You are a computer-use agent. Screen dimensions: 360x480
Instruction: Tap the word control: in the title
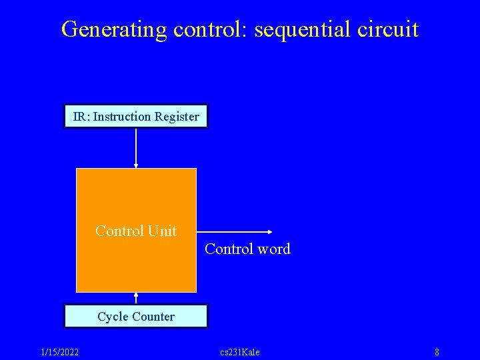pos(201,29)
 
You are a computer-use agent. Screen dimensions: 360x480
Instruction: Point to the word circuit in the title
pos(389,29)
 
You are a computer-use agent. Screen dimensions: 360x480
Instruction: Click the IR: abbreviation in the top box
pos(81,117)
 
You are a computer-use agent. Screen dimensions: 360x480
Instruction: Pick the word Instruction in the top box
pos(122,117)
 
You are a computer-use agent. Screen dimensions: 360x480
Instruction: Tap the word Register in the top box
pos(177,117)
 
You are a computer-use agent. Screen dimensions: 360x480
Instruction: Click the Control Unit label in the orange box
pos(136,231)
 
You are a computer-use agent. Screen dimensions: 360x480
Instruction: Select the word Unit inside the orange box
pos(163,231)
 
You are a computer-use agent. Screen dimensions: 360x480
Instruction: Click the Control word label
pos(247,249)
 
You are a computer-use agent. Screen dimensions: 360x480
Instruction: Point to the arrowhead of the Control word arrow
pos(270,231)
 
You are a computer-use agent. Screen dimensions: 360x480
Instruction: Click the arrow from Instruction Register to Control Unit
pos(136,147)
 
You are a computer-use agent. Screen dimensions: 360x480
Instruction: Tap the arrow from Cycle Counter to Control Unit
pos(136,298)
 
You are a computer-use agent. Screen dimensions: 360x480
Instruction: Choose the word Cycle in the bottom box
pos(111,317)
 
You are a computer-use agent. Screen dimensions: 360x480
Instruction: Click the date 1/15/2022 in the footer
pos(59,352)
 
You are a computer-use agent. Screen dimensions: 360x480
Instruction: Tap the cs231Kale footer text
pos(240,352)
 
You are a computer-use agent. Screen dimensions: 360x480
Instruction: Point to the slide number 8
pos(437,352)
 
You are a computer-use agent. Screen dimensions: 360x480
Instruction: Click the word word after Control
pos(275,249)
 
